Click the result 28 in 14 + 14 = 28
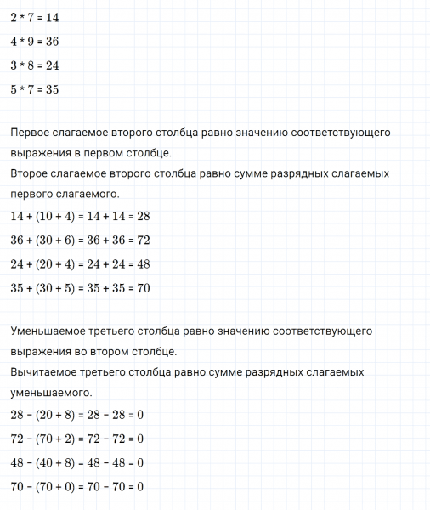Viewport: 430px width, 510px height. pyautogui.click(x=143, y=217)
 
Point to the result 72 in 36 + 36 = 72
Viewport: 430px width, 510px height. pyautogui.click(x=143, y=241)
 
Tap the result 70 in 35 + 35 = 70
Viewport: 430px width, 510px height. pyautogui.click(x=143, y=288)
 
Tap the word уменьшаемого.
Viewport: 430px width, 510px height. pyautogui.click(x=52, y=393)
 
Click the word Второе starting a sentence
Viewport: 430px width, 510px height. pyautogui.click(x=31, y=173)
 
